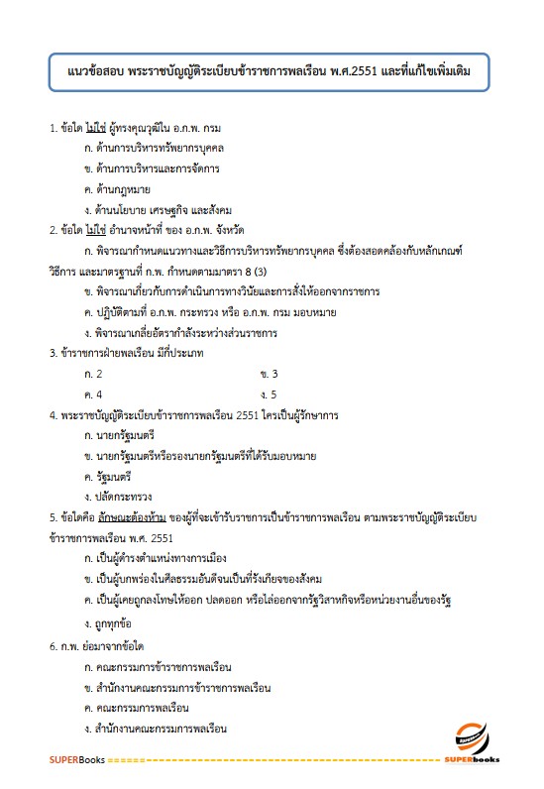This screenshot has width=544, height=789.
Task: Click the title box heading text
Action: pyautogui.click(x=271, y=72)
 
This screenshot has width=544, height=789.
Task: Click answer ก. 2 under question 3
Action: pyautogui.click(x=94, y=374)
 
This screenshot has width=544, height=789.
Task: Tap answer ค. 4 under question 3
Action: pyautogui.click(x=95, y=394)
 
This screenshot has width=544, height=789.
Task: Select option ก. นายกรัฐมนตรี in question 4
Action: pyautogui.click(x=120, y=435)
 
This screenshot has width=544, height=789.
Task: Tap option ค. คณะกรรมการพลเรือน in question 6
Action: pyautogui.click(x=138, y=709)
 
